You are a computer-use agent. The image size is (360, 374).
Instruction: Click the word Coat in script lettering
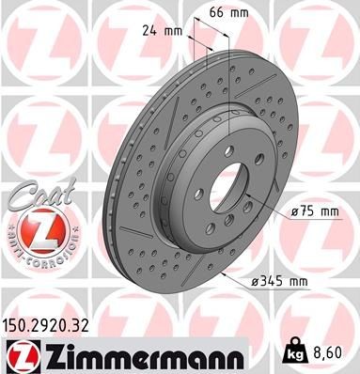pos(32,195)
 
